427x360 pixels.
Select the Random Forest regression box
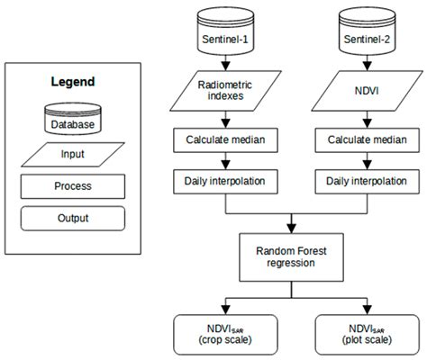(x=290, y=256)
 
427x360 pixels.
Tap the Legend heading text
(x=71, y=82)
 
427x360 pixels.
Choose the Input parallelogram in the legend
(x=71, y=155)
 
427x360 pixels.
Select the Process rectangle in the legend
(x=71, y=186)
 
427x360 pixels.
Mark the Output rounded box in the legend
(x=71, y=219)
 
